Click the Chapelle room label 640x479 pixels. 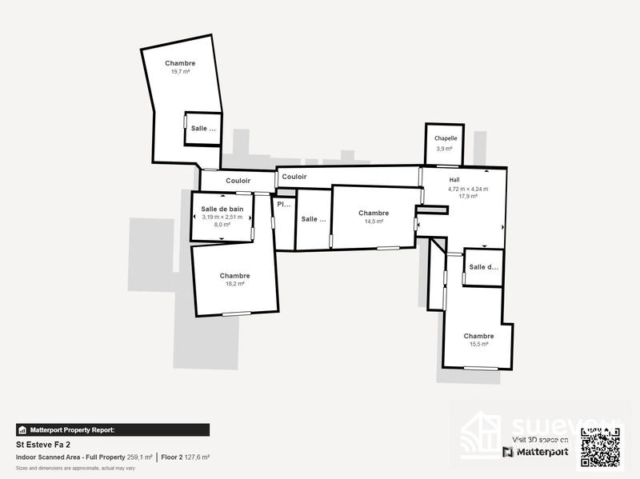coord(446,138)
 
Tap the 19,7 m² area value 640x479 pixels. coord(180,71)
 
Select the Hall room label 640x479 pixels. coord(454,180)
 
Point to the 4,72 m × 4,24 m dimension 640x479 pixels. coord(468,189)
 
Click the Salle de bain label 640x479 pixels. coord(222,209)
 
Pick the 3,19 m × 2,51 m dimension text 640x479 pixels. coord(222,217)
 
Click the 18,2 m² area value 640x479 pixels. coord(234,284)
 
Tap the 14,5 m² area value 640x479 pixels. coord(374,222)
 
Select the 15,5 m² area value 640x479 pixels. coord(478,345)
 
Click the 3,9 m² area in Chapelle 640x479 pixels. coord(446,149)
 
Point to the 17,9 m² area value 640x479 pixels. coord(468,196)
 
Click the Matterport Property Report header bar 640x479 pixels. coord(113,429)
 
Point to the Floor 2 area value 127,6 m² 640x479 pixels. coord(196,457)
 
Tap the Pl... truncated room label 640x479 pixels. coord(284,205)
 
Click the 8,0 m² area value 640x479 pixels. coord(222,225)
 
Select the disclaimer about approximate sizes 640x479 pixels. coord(75,467)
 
